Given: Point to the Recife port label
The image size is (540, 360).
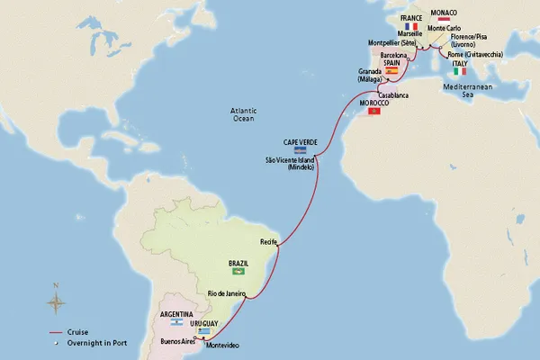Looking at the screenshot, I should pyautogui.click(x=268, y=241).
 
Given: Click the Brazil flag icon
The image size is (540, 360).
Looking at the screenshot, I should pyautogui.click(x=239, y=270).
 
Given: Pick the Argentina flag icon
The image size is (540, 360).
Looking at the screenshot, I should pyautogui.click(x=179, y=322).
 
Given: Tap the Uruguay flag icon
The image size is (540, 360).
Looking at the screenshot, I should pyautogui.click(x=219, y=330).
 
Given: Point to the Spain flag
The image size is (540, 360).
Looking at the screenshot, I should pyautogui.click(x=391, y=70).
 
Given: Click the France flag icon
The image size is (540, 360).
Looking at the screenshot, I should pyautogui.click(x=411, y=26).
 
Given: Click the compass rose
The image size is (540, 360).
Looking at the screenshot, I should pyautogui.click(x=57, y=301).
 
